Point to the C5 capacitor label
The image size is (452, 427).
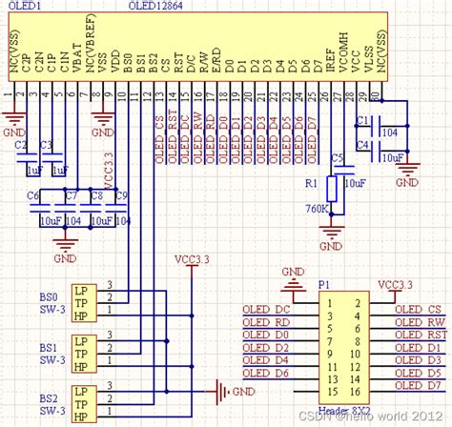(336, 157)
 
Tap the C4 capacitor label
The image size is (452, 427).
(361, 144)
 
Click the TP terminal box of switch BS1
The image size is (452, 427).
(84, 349)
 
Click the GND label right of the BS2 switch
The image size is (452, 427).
(243, 392)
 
